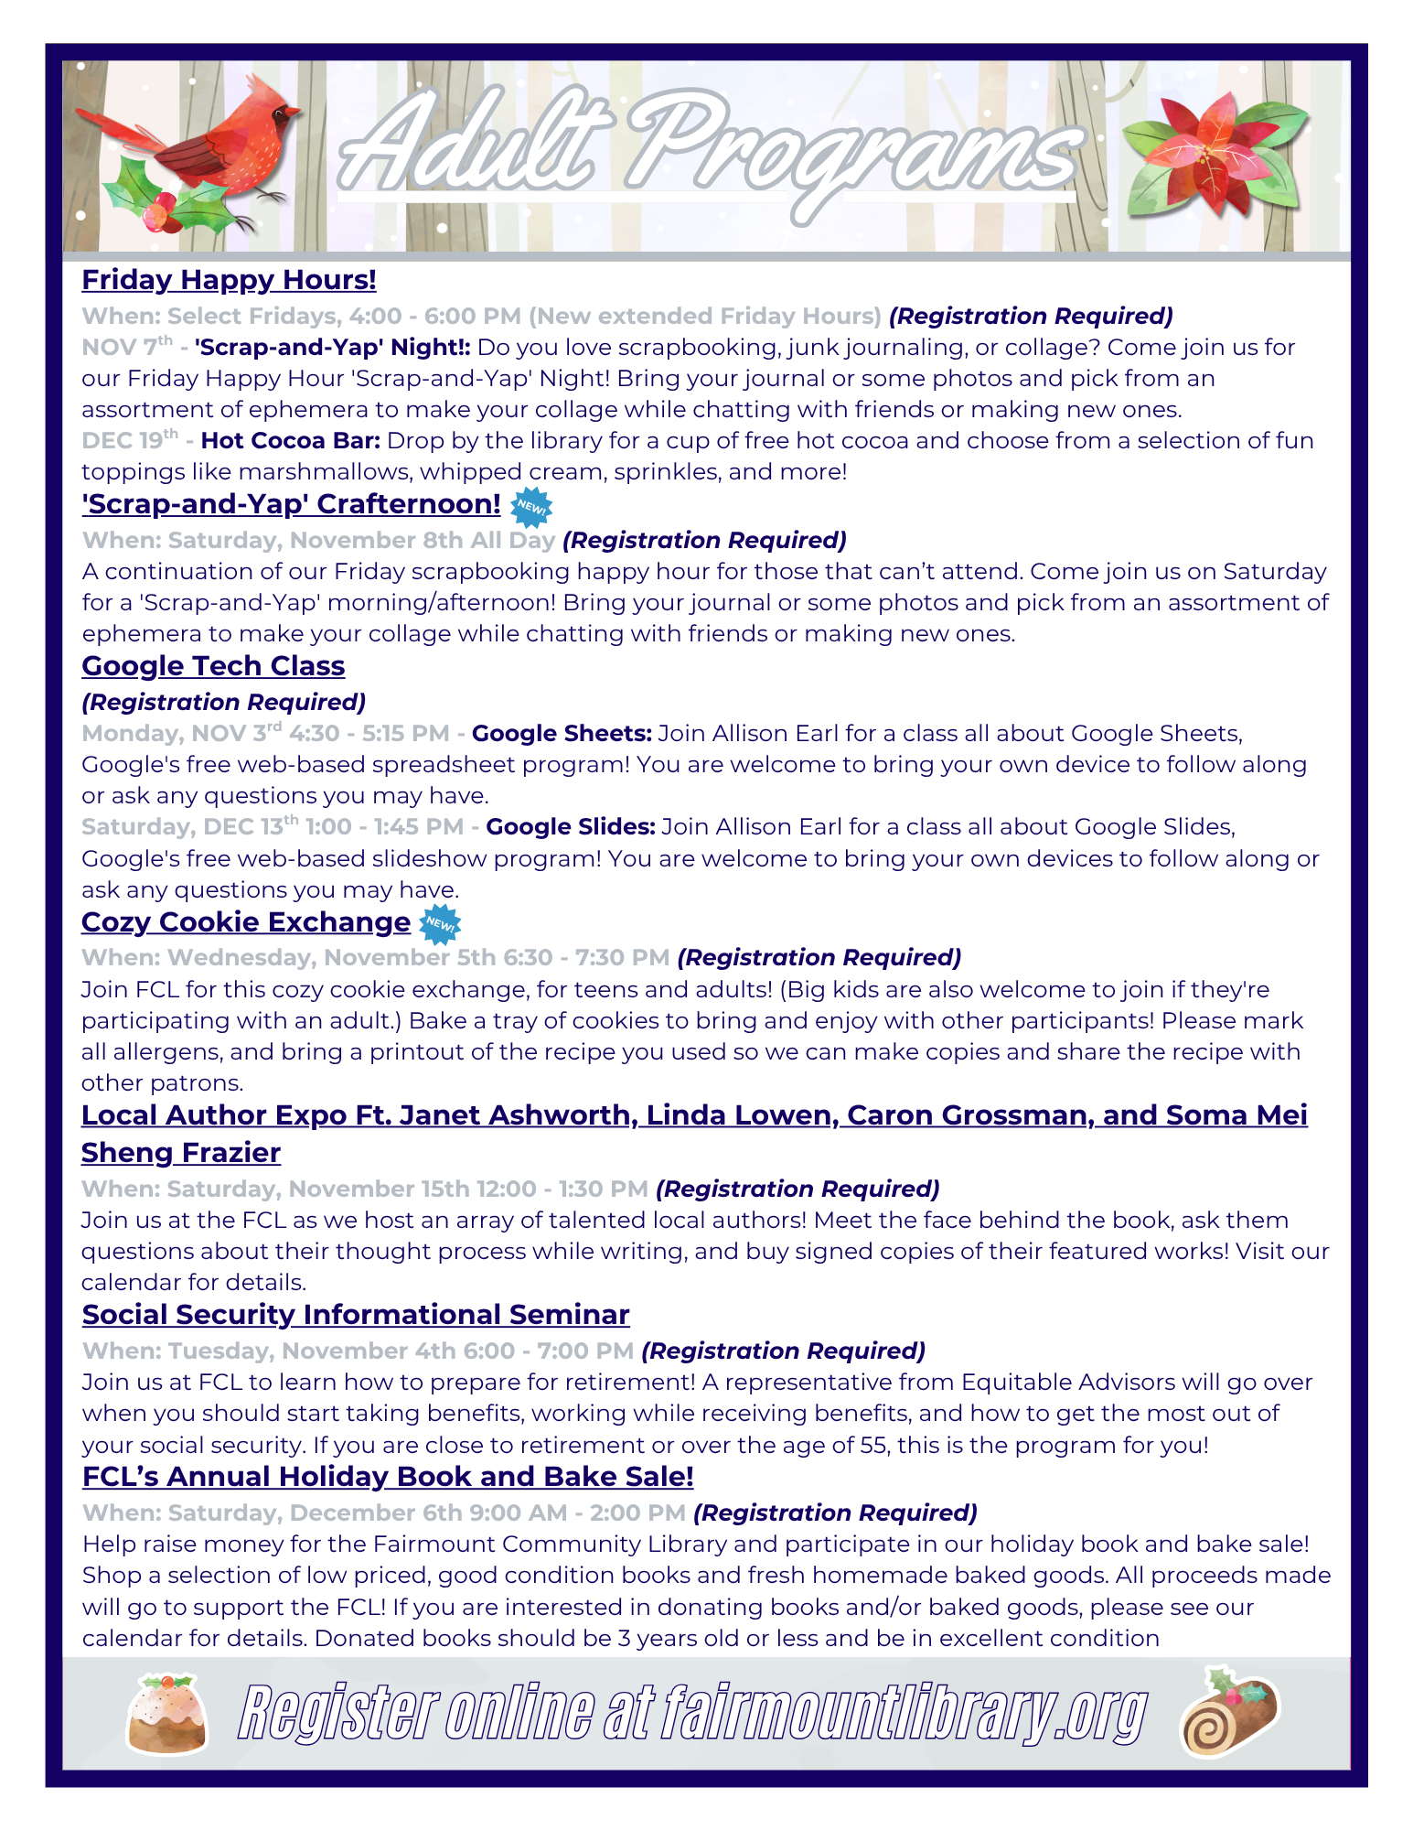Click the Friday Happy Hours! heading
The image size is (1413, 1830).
(x=229, y=280)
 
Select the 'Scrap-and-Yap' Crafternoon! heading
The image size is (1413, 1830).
(x=291, y=504)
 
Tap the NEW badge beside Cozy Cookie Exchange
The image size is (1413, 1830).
(x=440, y=923)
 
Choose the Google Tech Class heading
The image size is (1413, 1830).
(x=213, y=666)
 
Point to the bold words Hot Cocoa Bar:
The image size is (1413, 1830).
(x=291, y=441)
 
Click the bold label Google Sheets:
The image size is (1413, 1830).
(x=562, y=734)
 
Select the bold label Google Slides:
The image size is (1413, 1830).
(x=571, y=827)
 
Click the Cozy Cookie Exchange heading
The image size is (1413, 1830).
(x=245, y=922)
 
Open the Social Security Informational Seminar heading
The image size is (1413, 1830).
(x=356, y=1315)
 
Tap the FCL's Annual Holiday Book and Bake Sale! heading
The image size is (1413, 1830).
(x=388, y=1477)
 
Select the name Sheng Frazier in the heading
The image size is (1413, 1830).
(x=181, y=1153)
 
